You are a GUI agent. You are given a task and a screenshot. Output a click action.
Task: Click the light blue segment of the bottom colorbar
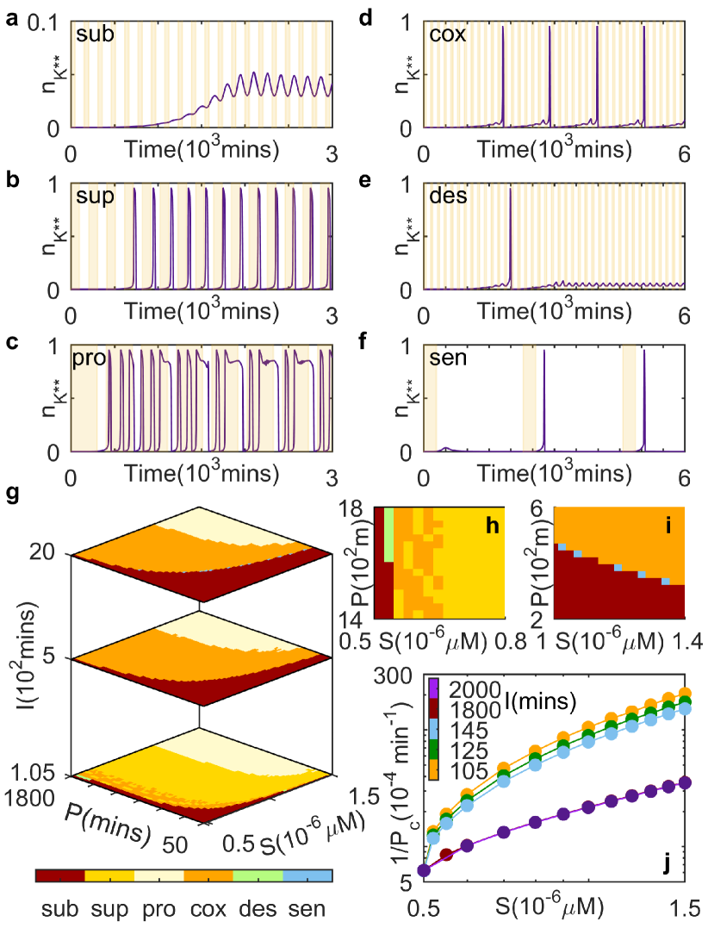point(307,875)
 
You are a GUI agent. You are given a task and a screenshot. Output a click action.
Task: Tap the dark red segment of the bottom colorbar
point(60,875)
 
